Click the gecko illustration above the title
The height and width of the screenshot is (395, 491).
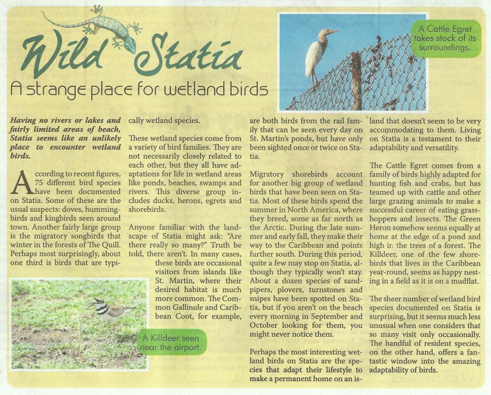click(x=96, y=26)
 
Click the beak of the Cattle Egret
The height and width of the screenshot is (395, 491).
click(x=332, y=32)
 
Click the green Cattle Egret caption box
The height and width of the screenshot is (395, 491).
click(x=445, y=38)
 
